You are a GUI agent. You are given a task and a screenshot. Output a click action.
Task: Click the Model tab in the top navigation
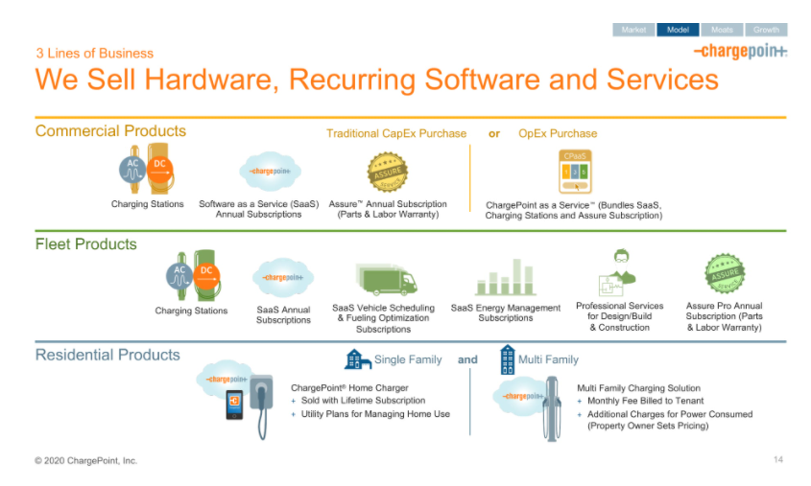click(677, 30)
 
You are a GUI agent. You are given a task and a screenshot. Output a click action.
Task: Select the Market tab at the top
click(633, 30)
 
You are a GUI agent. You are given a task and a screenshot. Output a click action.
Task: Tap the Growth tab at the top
click(766, 30)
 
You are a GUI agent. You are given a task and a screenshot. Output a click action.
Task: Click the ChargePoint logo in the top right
click(740, 51)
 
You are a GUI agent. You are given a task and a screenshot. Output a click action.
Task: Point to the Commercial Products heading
click(110, 131)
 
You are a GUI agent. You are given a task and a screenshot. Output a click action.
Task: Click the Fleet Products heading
click(85, 243)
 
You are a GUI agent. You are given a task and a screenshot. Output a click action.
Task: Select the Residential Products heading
click(107, 355)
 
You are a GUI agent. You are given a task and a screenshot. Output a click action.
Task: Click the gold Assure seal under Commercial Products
click(387, 172)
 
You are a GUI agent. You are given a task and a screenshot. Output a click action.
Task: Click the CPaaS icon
click(575, 170)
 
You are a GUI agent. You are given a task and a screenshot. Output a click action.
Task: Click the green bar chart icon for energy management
click(506, 277)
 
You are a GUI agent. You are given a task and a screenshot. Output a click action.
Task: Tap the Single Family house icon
click(357, 359)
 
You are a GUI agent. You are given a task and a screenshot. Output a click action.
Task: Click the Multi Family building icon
click(506, 359)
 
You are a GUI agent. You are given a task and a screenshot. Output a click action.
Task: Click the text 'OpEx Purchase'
click(558, 133)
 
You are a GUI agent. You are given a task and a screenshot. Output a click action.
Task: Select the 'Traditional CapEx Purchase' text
click(396, 133)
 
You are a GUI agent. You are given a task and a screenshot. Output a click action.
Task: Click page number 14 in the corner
click(778, 461)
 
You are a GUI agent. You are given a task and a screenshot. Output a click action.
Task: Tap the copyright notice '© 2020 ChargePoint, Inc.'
click(86, 461)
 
